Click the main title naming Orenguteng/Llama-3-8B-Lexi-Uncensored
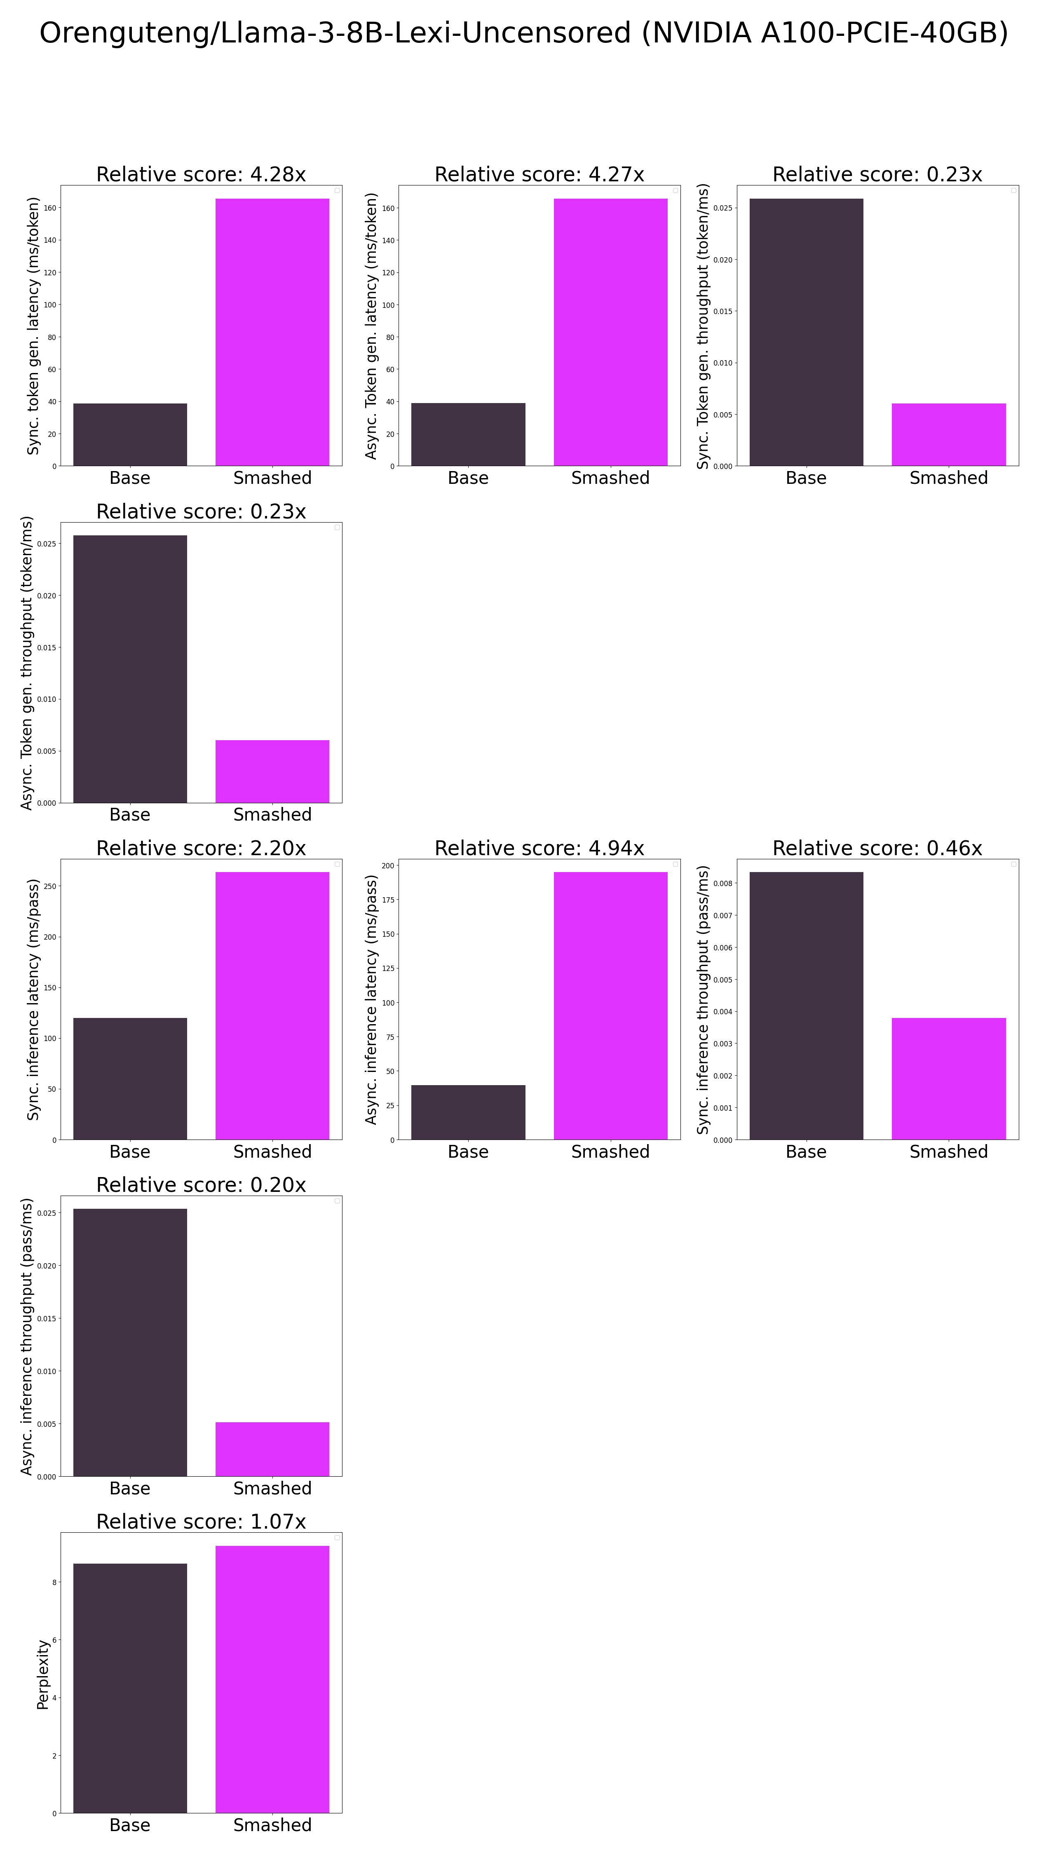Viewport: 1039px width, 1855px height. (523, 33)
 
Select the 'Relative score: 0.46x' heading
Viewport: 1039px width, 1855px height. (877, 848)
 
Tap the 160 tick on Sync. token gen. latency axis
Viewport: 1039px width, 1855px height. (50, 208)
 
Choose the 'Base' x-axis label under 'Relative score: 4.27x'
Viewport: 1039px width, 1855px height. (468, 478)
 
